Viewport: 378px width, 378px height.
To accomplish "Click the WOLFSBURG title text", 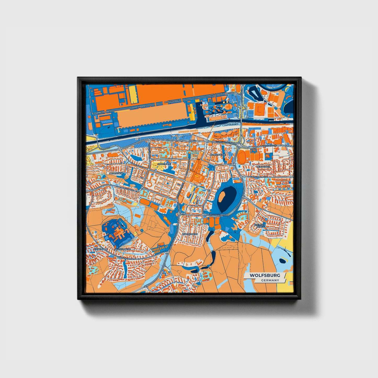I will pos(265,275).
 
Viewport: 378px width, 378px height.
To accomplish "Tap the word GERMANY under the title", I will pos(270,280).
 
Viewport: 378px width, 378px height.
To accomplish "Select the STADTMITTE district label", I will pos(164,164).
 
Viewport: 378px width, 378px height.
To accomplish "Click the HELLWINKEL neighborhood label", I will pos(263,167).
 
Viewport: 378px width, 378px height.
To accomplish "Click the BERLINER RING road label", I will pos(214,215).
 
